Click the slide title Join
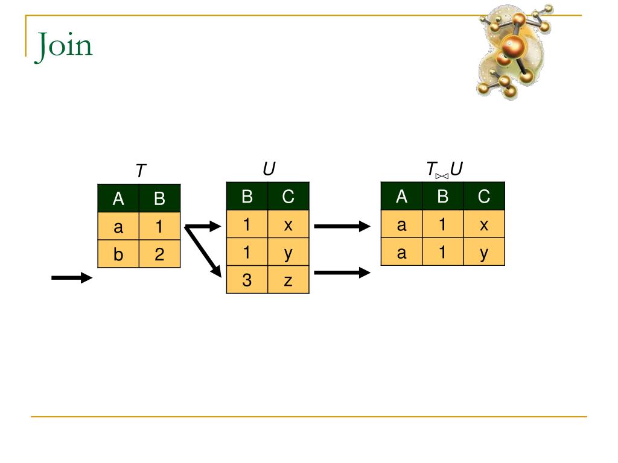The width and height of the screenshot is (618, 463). [64, 45]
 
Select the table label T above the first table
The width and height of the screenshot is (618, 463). [141, 171]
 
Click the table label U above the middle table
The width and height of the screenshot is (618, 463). [269, 169]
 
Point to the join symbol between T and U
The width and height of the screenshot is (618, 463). [442, 175]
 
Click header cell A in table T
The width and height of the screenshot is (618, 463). [118, 198]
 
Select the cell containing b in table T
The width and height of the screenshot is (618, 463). [118, 254]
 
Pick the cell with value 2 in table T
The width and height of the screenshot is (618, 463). [159, 254]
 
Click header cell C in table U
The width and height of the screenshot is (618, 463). [288, 197]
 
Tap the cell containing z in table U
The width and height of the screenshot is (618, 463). [288, 280]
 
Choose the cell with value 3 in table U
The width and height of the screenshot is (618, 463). [247, 280]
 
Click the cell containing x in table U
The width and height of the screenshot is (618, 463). [288, 225]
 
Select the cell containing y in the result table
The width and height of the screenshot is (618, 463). [483, 253]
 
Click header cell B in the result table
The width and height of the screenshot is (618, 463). [442, 197]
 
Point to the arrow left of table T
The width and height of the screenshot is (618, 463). [72, 277]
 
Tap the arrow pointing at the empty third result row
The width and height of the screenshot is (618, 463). [342, 272]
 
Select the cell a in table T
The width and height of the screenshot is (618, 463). [118, 227]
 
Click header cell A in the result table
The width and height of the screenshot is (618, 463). [401, 197]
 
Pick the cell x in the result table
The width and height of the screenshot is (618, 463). [483, 225]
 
